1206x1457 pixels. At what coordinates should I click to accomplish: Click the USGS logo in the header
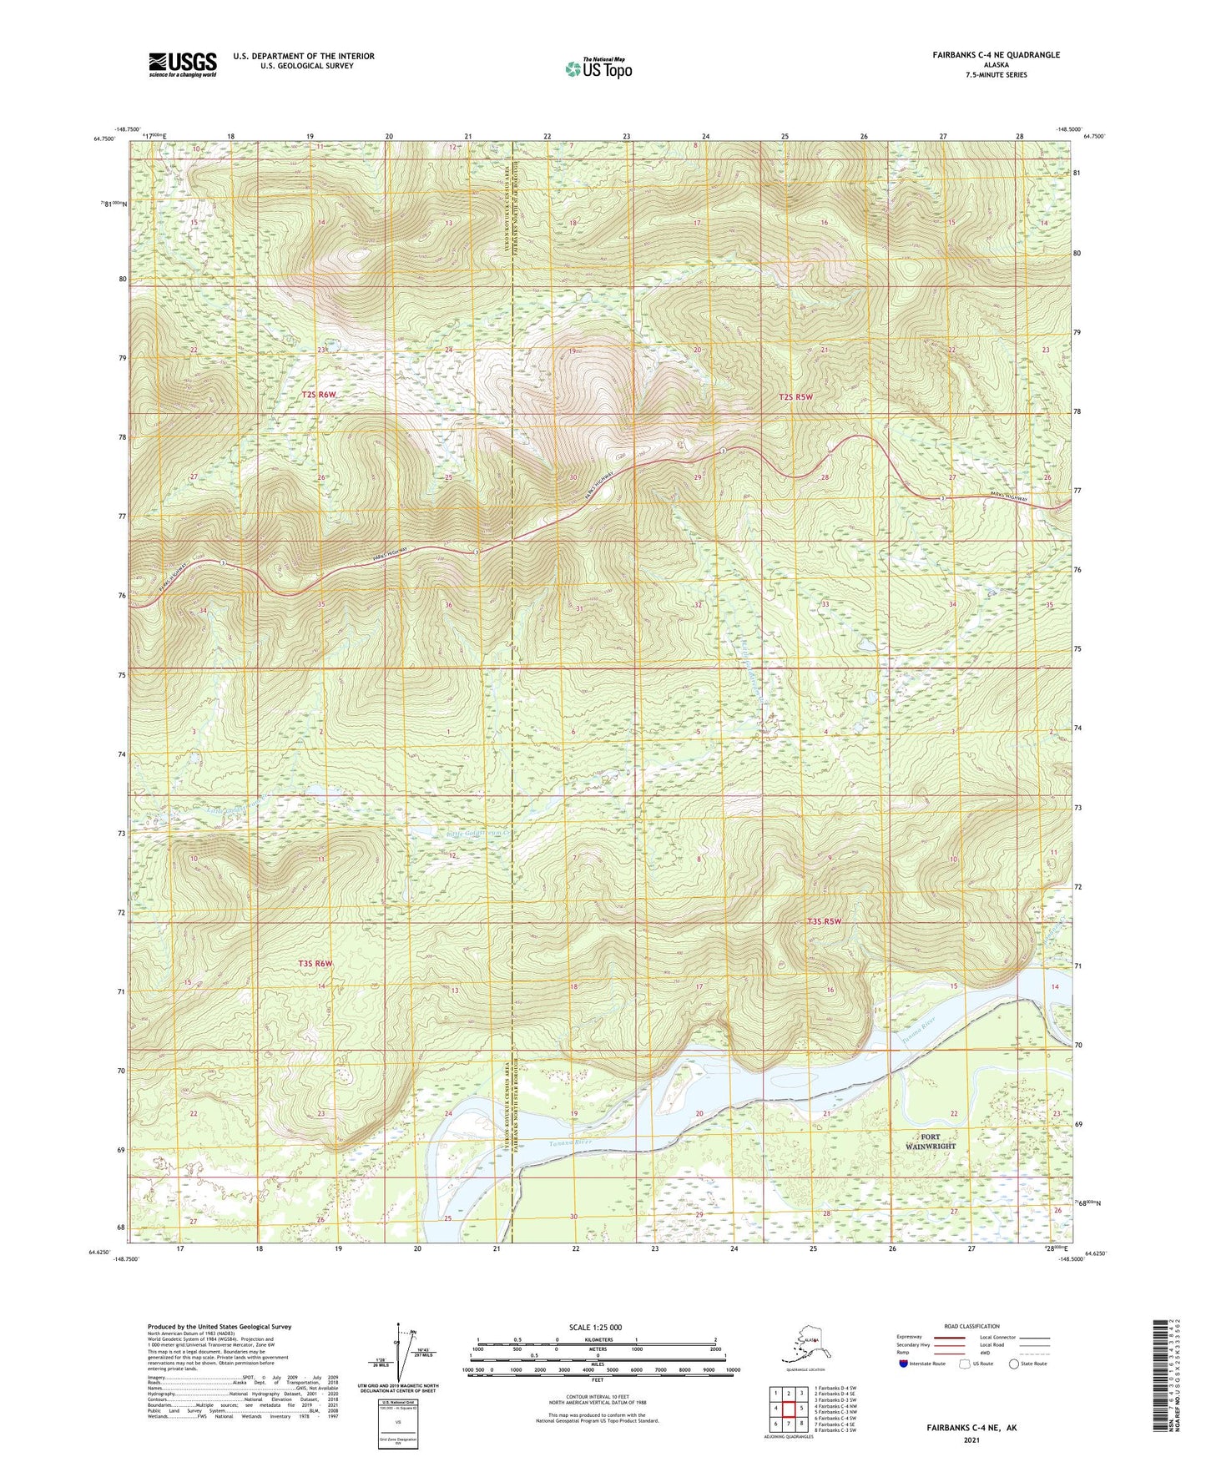(183, 64)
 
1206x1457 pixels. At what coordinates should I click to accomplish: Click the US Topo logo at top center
(598, 68)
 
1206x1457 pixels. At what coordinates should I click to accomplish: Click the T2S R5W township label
(795, 397)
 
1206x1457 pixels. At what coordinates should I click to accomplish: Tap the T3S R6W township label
(315, 964)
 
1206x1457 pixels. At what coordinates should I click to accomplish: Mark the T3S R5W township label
(824, 922)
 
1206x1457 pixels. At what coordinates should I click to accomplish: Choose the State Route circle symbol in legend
(1014, 1364)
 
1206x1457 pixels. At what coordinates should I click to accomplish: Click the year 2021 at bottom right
(971, 1439)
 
